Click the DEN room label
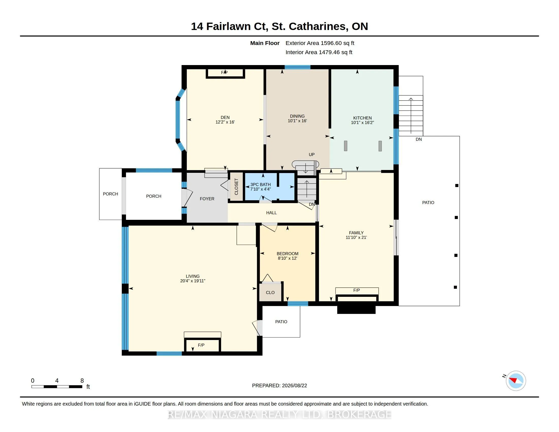[225, 117]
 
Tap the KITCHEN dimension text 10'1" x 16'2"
[362, 122]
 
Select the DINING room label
[297, 116]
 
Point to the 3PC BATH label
[260, 184]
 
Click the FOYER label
[207, 199]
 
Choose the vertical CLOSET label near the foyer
[236, 187]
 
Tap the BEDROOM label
[287, 254]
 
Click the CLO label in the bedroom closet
[270, 292]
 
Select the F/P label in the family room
[356, 290]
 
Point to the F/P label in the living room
[201, 345]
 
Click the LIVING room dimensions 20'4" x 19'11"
[193, 281]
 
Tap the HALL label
[271, 213]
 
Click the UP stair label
[312, 155]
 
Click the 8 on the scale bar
[82, 381]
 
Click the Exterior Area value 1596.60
[331, 43]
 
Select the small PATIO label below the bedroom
[281, 322]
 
